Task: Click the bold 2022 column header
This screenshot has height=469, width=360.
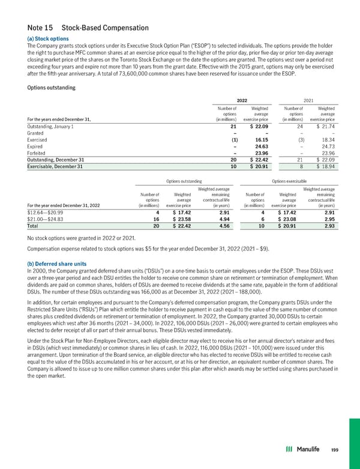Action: coord(242,100)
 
